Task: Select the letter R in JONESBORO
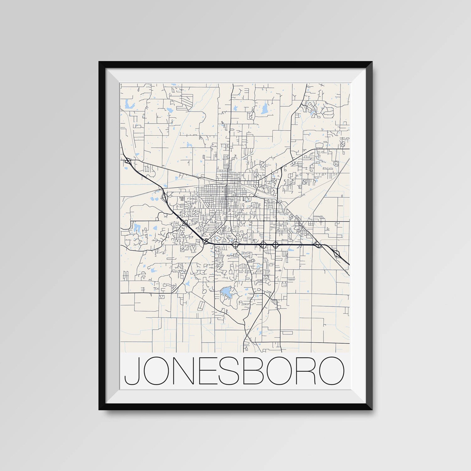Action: coord(307,371)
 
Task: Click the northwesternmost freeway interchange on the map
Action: coord(128,161)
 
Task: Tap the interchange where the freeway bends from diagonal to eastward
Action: coord(205,241)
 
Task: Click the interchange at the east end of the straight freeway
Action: coord(318,245)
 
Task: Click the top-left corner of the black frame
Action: coord(100,62)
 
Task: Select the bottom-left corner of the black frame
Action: coord(100,409)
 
